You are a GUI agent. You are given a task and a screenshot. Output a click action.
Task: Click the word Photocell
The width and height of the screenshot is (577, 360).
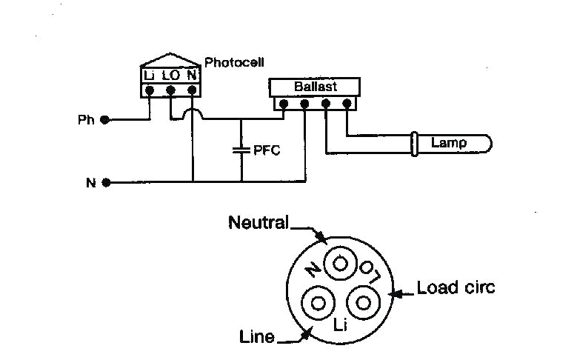pyautogui.click(x=234, y=62)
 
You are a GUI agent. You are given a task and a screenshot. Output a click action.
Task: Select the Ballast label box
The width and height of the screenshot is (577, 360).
pyautogui.click(x=315, y=87)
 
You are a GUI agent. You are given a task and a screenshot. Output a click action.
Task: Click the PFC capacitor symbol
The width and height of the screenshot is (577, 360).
pyautogui.click(x=241, y=150)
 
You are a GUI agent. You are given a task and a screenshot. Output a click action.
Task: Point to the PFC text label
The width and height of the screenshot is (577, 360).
pyautogui.click(x=267, y=150)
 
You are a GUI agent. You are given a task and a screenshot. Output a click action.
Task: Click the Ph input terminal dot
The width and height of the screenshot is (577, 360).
pyautogui.click(x=106, y=119)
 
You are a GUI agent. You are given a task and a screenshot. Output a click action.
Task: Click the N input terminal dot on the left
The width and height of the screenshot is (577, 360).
pyautogui.click(x=106, y=181)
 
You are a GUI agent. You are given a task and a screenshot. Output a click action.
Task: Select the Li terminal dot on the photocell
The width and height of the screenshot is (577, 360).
pyautogui.click(x=150, y=90)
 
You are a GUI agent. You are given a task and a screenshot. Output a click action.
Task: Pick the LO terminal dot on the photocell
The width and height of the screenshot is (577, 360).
pyautogui.click(x=170, y=90)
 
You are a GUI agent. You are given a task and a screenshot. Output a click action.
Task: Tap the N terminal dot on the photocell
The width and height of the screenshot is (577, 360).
pyautogui.click(x=192, y=90)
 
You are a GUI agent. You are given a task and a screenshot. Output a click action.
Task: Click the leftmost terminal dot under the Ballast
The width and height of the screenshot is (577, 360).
pyautogui.click(x=282, y=104)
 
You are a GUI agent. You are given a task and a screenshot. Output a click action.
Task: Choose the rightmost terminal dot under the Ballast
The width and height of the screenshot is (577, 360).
pyautogui.click(x=347, y=104)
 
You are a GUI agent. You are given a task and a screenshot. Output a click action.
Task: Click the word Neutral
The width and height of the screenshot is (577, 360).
pyautogui.click(x=259, y=221)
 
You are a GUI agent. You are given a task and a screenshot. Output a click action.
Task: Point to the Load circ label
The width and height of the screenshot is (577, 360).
pyautogui.click(x=455, y=287)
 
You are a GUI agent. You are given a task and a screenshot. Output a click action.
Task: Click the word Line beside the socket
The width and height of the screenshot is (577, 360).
pyautogui.click(x=257, y=337)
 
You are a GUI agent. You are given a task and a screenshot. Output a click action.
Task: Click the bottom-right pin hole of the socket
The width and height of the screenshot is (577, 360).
pyautogui.click(x=363, y=302)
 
